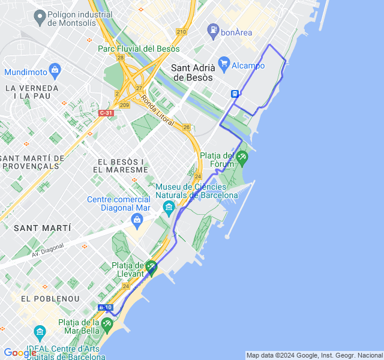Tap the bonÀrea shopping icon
(212, 29)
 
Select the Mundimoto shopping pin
(55, 70)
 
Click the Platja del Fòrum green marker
(242, 158)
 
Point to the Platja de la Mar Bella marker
(107, 325)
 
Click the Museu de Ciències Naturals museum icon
(169, 208)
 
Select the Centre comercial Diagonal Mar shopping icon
(137, 221)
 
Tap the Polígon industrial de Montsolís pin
(40, 17)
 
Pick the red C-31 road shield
(106, 113)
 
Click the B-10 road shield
(106, 307)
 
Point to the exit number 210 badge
(182, 32)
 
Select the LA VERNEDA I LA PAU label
(32, 92)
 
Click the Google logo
(20, 353)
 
